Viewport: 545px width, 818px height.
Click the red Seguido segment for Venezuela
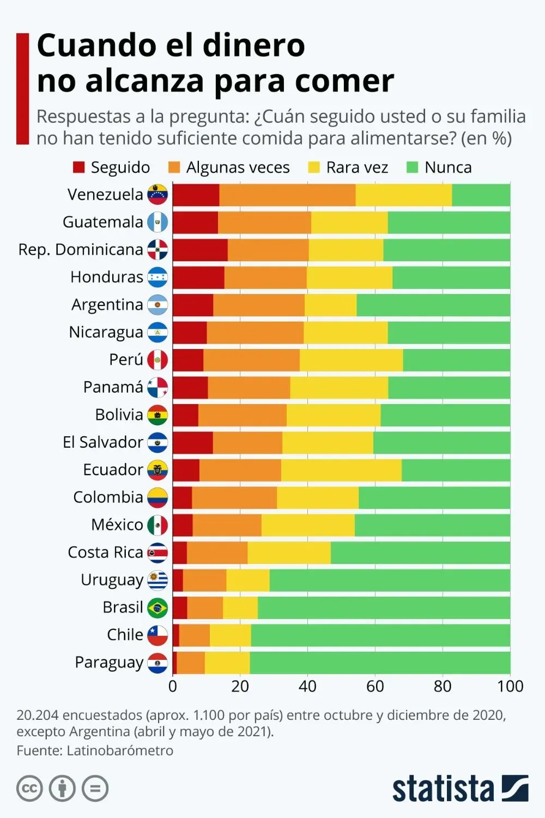coord(196,195)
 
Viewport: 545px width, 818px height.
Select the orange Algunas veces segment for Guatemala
coord(264,222)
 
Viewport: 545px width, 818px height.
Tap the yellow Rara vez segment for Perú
coord(351,360)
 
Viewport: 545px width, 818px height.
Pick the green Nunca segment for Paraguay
coord(380,663)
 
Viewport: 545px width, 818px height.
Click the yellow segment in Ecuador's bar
coord(341,470)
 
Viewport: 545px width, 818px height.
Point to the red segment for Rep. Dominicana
coord(200,250)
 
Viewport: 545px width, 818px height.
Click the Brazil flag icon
coord(158,608)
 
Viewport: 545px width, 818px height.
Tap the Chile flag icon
coord(158,635)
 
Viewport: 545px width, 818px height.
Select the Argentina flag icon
coord(158,305)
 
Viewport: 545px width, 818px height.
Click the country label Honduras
coord(107,277)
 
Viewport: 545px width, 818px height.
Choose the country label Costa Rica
coord(105,552)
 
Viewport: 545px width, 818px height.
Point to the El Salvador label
coord(102,442)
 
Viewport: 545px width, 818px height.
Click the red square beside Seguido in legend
coord(79,167)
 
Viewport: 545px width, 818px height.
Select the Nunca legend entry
coord(447,167)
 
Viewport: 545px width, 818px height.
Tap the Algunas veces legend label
coord(238,167)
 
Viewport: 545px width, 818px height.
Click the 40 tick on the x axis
coord(307,686)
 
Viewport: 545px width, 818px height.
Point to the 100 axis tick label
coord(510,686)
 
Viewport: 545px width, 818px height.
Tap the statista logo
coord(460,789)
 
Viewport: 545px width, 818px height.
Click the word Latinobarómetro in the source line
coord(120,750)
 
